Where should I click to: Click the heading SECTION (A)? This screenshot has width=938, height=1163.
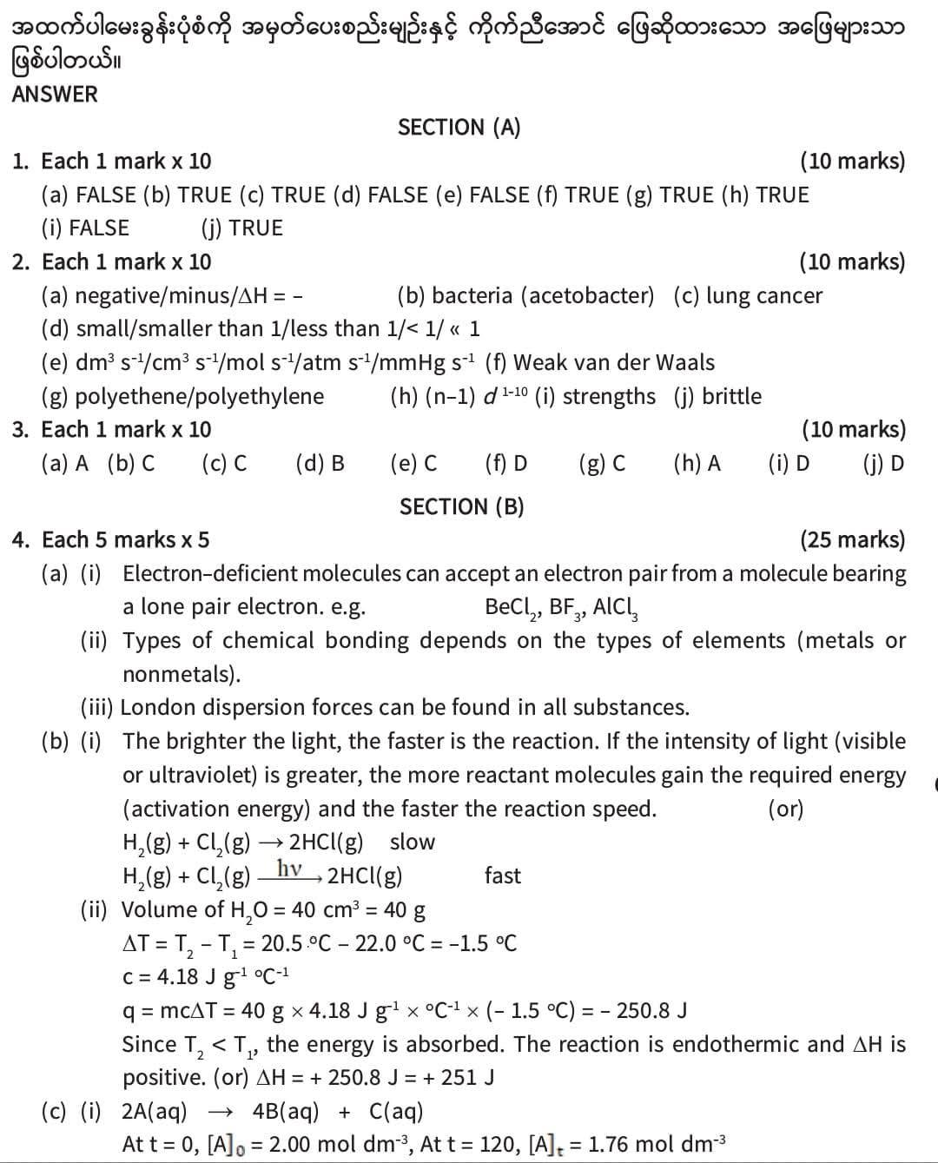tap(459, 128)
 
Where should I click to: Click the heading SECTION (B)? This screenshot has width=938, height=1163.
tap(461, 506)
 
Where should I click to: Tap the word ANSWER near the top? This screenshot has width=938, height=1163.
tap(55, 94)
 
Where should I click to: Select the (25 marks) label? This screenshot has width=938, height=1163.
tap(852, 539)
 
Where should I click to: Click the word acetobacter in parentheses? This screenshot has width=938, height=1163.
tap(587, 295)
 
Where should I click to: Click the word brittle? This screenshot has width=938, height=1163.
tap(731, 396)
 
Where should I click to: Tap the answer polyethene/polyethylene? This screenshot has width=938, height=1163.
tap(199, 396)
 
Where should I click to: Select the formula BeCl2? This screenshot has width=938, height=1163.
tap(512, 607)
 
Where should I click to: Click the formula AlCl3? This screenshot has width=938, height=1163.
tap(616, 607)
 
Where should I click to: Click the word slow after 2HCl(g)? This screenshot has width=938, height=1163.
tap(413, 842)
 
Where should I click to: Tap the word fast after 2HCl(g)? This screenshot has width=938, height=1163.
tap(503, 876)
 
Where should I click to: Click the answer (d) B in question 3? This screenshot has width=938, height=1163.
tap(320, 463)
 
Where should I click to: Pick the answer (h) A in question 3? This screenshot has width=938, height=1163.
tap(697, 463)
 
